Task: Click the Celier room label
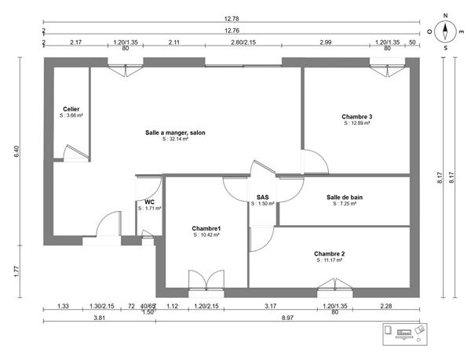(71, 109)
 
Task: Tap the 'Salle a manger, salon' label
(175, 133)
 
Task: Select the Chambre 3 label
(356, 116)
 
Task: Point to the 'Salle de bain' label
(345, 197)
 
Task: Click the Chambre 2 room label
(329, 253)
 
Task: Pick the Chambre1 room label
(206, 228)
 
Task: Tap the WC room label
(148, 202)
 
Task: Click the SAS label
(263, 197)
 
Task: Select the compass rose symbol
(445, 32)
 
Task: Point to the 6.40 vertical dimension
(17, 151)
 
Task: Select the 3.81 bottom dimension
(99, 319)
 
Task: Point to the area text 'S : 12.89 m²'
(356, 123)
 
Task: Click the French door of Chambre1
(206, 281)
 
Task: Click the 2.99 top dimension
(323, 43)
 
